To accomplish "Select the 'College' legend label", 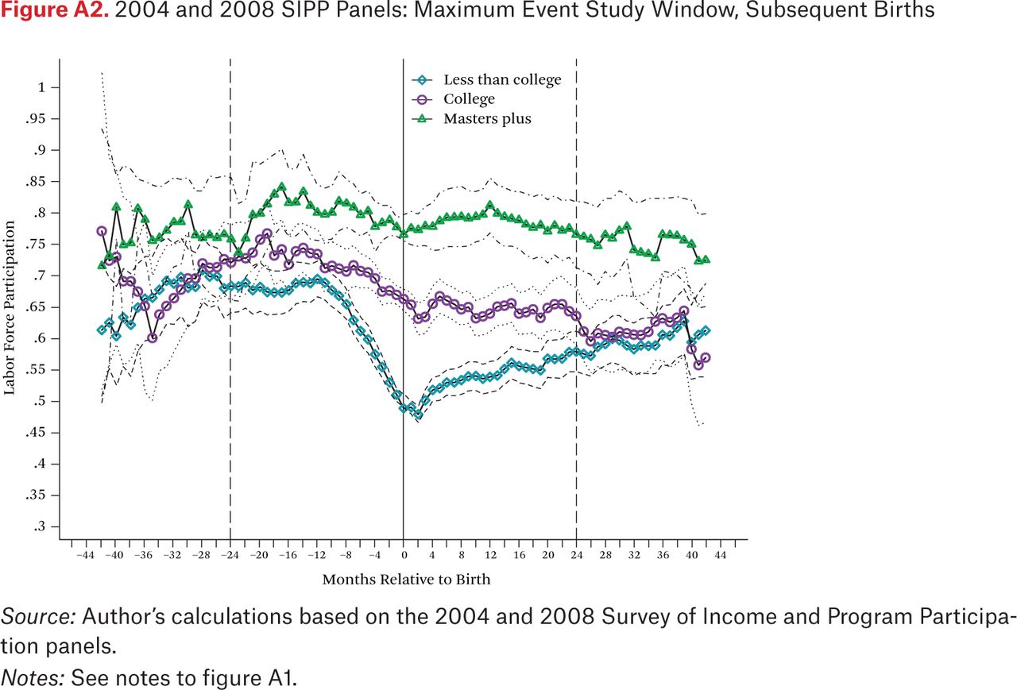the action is [469, 99].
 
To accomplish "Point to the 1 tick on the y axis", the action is [42, 87].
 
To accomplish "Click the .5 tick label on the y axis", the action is [38, 402].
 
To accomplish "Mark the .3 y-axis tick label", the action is [38, 526].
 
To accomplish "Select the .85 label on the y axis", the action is [36, 182].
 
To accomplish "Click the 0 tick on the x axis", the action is [404, 555].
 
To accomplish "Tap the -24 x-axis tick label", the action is [230, 555].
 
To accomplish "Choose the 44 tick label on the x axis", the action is [721, 555].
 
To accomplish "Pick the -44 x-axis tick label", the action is [85, 555].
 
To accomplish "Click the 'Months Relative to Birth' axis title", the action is [406, 580].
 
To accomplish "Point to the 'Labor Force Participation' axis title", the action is [9, 308].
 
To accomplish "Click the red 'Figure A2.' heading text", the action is [55, 10].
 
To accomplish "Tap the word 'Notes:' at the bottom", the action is [33, 678].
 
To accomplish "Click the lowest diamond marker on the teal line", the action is [418, 414].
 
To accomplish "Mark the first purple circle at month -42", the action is [102, 231].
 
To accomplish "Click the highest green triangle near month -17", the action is [281, 187].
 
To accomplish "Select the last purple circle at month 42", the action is [706, 357].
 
